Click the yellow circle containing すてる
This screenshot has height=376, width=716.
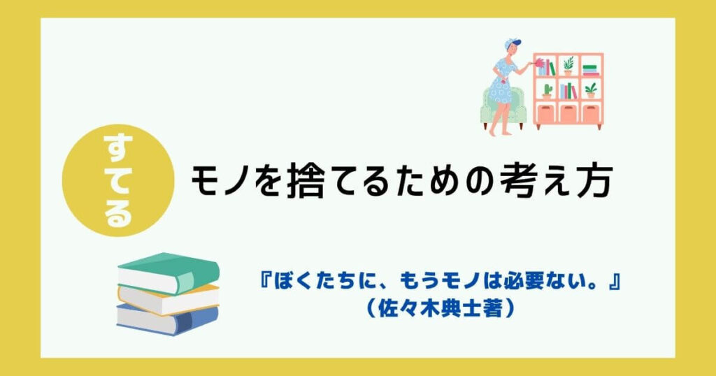(x=117, y=180)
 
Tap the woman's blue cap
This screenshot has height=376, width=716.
(x=512, y=43)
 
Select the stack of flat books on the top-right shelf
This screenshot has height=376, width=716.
(x=591, y=69)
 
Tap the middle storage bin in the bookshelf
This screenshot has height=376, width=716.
(x=568, y=113)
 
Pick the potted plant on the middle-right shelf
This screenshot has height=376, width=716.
(x=591, y=90)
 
